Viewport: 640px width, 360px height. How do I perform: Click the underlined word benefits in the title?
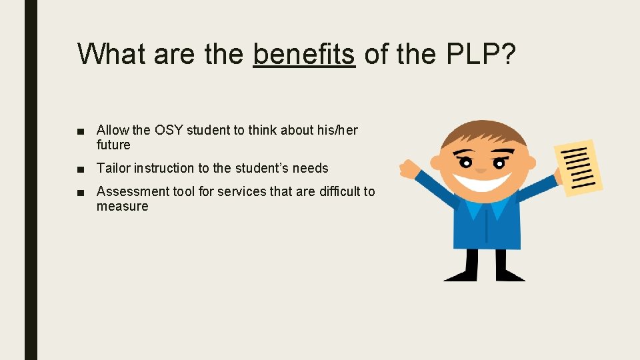[303, 54]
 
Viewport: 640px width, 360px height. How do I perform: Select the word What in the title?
[111, 54]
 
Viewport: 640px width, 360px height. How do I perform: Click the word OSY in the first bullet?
[169, 130]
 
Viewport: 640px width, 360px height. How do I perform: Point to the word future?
[113, 145]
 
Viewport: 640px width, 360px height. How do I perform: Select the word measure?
[122, 206]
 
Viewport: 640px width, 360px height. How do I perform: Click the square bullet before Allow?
[80, 131]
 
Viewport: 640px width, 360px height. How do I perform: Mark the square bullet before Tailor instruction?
[80, 169]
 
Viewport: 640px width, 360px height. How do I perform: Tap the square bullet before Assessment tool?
[80, 192]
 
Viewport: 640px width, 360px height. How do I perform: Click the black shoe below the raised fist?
[460, 274]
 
